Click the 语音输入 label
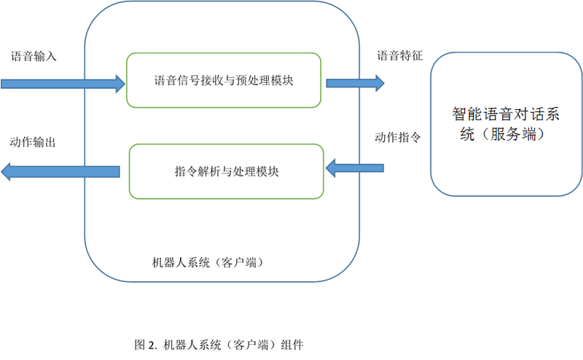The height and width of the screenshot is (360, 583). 34,56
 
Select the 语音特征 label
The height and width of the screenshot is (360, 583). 399,56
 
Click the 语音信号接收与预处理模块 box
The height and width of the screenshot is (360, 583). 224,81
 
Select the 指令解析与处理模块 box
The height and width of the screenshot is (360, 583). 226,171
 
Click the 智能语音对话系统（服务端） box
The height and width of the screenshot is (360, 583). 506,124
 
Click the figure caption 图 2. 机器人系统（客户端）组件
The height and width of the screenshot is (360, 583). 219,345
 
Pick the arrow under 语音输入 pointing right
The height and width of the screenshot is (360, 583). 63,84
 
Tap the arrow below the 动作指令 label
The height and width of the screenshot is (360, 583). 354,169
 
